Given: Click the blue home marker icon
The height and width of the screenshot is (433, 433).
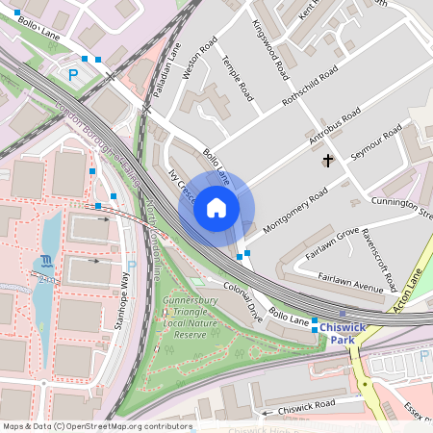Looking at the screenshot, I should [x=216, y=208].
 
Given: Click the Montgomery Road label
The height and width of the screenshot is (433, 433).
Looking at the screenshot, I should [x=295, y=205].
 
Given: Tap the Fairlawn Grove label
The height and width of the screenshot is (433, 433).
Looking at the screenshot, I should [x=332, y=245].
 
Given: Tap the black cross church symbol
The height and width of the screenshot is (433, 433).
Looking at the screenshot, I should [x=328, y=161].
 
